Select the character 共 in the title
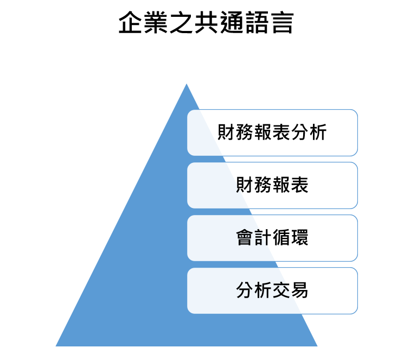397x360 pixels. click(206, 23)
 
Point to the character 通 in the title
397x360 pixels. click(231, 23)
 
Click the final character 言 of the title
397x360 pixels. click(281, 23)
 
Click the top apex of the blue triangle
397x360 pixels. click(187, 85)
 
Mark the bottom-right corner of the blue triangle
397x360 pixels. click(316, 345)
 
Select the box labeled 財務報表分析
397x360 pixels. click(272, 132)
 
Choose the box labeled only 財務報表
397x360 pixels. click(272, 185)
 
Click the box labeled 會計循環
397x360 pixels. click(272, 238)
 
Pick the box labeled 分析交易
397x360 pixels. click(272, 290)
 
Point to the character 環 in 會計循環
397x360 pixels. click(300, 238)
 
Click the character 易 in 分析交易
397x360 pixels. click(300, 290)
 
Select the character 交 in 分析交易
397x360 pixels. click(281, 290)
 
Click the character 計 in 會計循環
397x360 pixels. click(263, 238)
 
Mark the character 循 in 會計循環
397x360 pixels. click(281, 238)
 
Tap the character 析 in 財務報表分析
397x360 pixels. click(318, 132)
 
